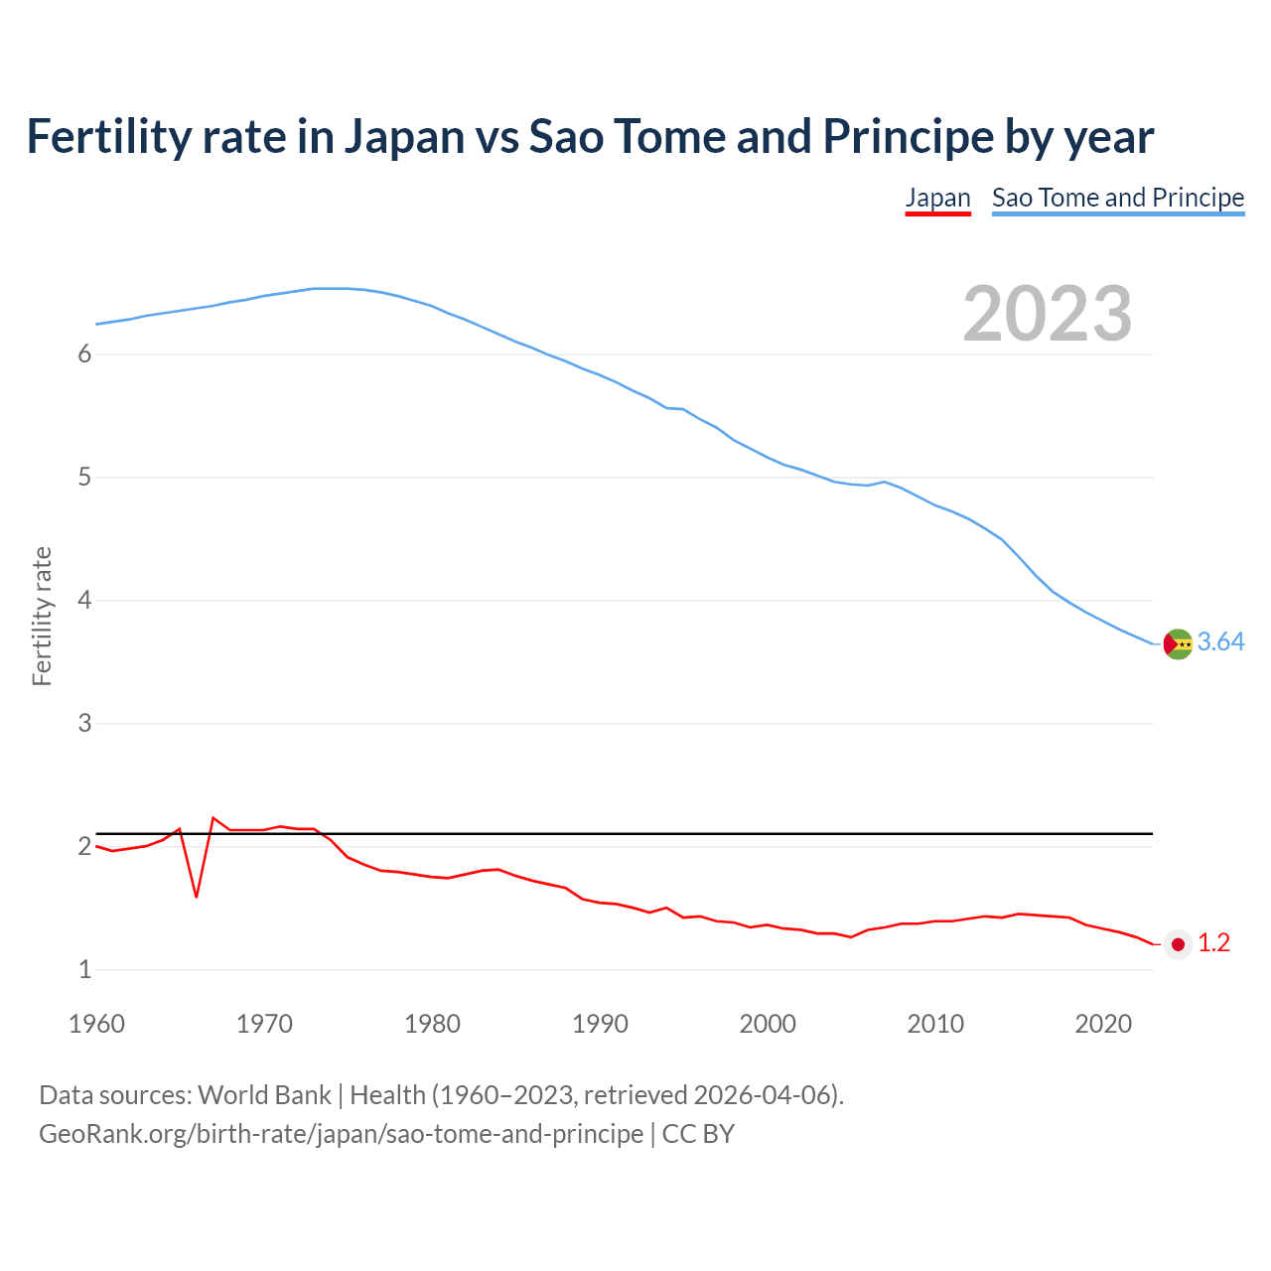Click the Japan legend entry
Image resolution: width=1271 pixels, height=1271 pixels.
pos(937,198)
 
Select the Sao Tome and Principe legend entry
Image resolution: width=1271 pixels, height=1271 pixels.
pos(1118,198)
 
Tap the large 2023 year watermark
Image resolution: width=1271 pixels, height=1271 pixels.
pos(1047,314)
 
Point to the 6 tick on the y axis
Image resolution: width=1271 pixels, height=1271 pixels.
pos(84,354)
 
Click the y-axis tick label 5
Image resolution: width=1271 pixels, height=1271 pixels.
pos(84,478)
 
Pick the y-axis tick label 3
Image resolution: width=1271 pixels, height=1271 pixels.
pos(84,724)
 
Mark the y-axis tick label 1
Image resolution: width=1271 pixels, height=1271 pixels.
pos(84,970)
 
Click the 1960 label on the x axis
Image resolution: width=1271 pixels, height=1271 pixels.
pos(96,1024)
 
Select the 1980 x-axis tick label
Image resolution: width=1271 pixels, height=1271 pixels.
pos(432,1024)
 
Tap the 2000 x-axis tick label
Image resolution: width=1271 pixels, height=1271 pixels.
pos(768,1024)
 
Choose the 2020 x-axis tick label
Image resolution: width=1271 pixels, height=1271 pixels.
pos(1103,1024)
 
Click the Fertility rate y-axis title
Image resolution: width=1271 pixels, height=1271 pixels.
pos(42,616)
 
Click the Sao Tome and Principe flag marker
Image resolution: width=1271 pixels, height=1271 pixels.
pos(1178,643)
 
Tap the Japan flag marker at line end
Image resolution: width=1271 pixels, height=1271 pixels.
pos(1178,944)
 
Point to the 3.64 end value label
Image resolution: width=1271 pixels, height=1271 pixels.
pos(1220,642)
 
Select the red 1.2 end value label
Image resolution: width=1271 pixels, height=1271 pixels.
pos(1213,943)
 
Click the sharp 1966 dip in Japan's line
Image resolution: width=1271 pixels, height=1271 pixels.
pos(197,896)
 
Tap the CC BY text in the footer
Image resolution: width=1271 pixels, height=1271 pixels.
pos(698,1134)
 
